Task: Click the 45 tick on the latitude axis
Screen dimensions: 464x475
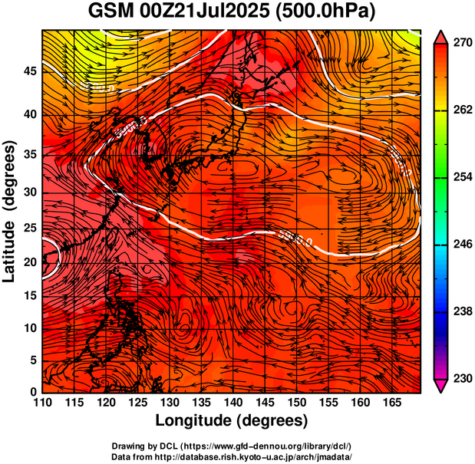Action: coord(29,71)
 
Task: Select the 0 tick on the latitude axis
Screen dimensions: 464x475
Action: coord(33,392)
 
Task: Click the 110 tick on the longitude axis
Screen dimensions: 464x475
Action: coord(42,403)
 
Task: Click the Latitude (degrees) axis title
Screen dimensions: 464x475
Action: coord(11,211)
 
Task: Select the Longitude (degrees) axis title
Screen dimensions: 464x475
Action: coord(232,420)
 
